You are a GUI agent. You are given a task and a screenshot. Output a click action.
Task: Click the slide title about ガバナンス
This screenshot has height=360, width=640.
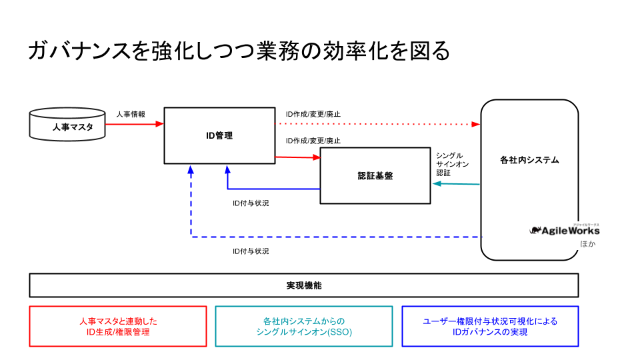click(x=239, y=51)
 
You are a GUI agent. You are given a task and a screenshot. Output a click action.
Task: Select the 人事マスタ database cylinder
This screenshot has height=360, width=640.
click(x=68, y=125)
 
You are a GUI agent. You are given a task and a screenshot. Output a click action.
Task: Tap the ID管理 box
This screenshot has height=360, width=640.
click(x=219, y=135)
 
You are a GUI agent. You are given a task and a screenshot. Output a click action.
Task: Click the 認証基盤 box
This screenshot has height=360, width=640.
click(x=375, y=176)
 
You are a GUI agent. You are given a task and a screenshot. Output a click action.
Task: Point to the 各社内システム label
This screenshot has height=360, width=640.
click(x=529, y=160)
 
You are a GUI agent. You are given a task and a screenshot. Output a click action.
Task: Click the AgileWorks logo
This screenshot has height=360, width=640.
click(x=565, y=230)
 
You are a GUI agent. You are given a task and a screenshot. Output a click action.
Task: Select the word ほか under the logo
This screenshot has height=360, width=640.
click(x=587, y=244)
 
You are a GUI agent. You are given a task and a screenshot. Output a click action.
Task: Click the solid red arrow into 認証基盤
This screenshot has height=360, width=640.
click(x=297, y=157)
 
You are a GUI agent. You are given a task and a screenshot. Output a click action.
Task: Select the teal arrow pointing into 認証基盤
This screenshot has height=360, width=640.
click(x=456, y=183)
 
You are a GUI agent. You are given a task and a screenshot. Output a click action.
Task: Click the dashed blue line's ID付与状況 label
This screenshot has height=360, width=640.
click(x=251, y=251)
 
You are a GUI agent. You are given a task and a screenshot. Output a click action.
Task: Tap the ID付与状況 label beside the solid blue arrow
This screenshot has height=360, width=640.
click(x=251, y=203)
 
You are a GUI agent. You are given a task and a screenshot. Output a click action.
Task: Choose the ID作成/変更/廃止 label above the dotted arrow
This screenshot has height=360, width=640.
click(x=313, y=114)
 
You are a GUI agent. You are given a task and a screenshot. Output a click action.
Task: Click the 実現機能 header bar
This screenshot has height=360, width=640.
click(x=304, y=285)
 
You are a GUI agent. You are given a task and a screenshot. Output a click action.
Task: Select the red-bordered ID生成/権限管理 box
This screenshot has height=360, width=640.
click(x=118, y=326)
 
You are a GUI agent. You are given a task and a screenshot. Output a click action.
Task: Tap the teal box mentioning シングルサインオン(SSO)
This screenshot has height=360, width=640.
click(x=304, y=326)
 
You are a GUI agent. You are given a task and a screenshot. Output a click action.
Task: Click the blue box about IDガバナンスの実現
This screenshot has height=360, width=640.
click(x=490, y=326)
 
